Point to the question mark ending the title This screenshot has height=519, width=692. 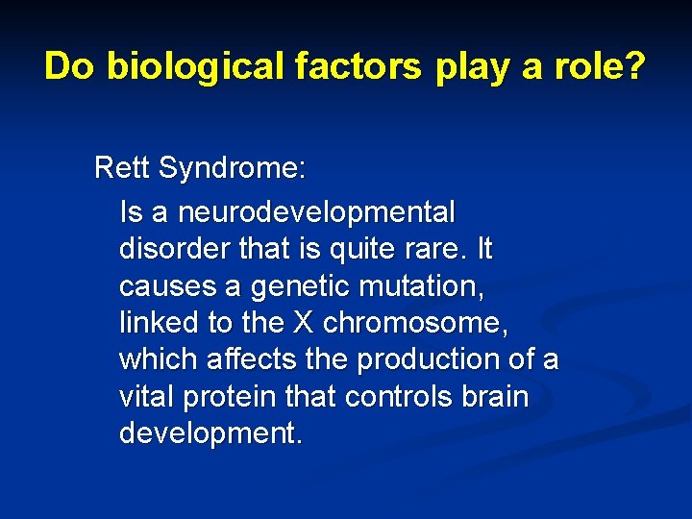(635, 66)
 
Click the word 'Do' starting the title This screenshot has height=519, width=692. (70, 66)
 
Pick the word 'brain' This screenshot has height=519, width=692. (491, 396)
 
